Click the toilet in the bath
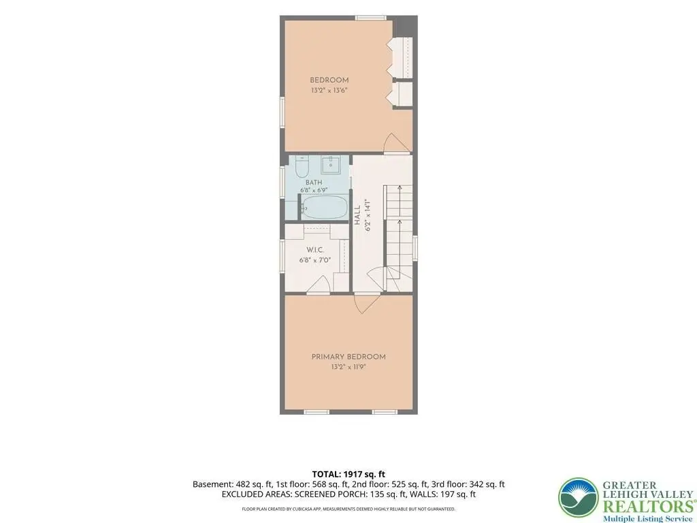pyautogui.click(x=302, y=166)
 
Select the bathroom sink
pyautogui.click(x=330, y=165)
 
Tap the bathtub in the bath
pyautogui.click(x=325, y=207)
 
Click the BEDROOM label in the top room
pyautogui.click(x=329, y=80)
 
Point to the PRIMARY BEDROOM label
pyautogui.click(x=348, y=357)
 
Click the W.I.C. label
pyautogui.click(x=314, y=251)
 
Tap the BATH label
pyautogui.click(x=314, y=183)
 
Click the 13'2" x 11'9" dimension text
pyautogui.click(x=348, y=367)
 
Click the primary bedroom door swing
pyautogui.click(x=367, y=304)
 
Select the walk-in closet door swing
pyautogui.click(x=319, y=285)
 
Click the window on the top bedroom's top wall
pyautogui.click(x=371, y=18)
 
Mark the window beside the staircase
pyautogui.click(x=415, y=248)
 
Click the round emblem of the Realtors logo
pyautogui.click(x=579, y=498)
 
